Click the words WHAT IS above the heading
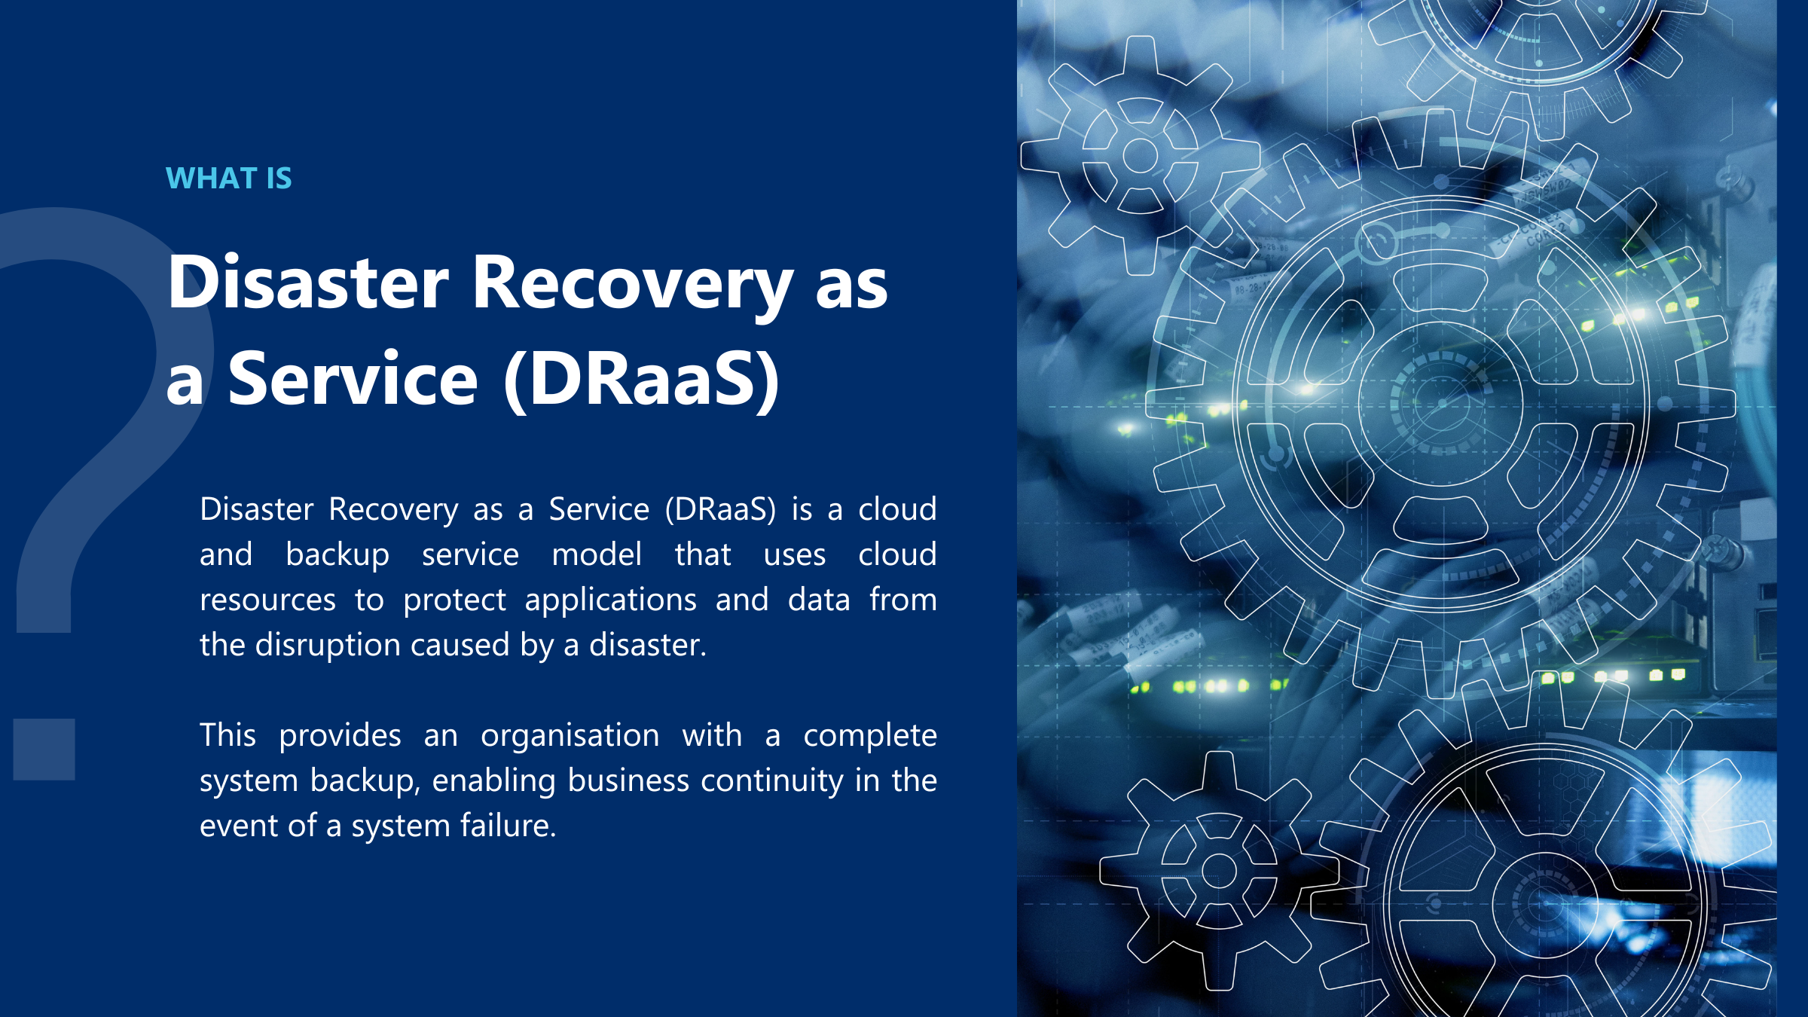[x=228, y=179]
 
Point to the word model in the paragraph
[x=597, y=554]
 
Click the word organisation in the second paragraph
[x=570, y=736]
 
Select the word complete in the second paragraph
[x=870, y=736]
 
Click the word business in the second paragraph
[x=628, y=780]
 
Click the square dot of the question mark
[x=44, y=749]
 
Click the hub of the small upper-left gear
[x=1141, y=156]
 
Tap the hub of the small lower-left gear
[x=1220, y=872]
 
